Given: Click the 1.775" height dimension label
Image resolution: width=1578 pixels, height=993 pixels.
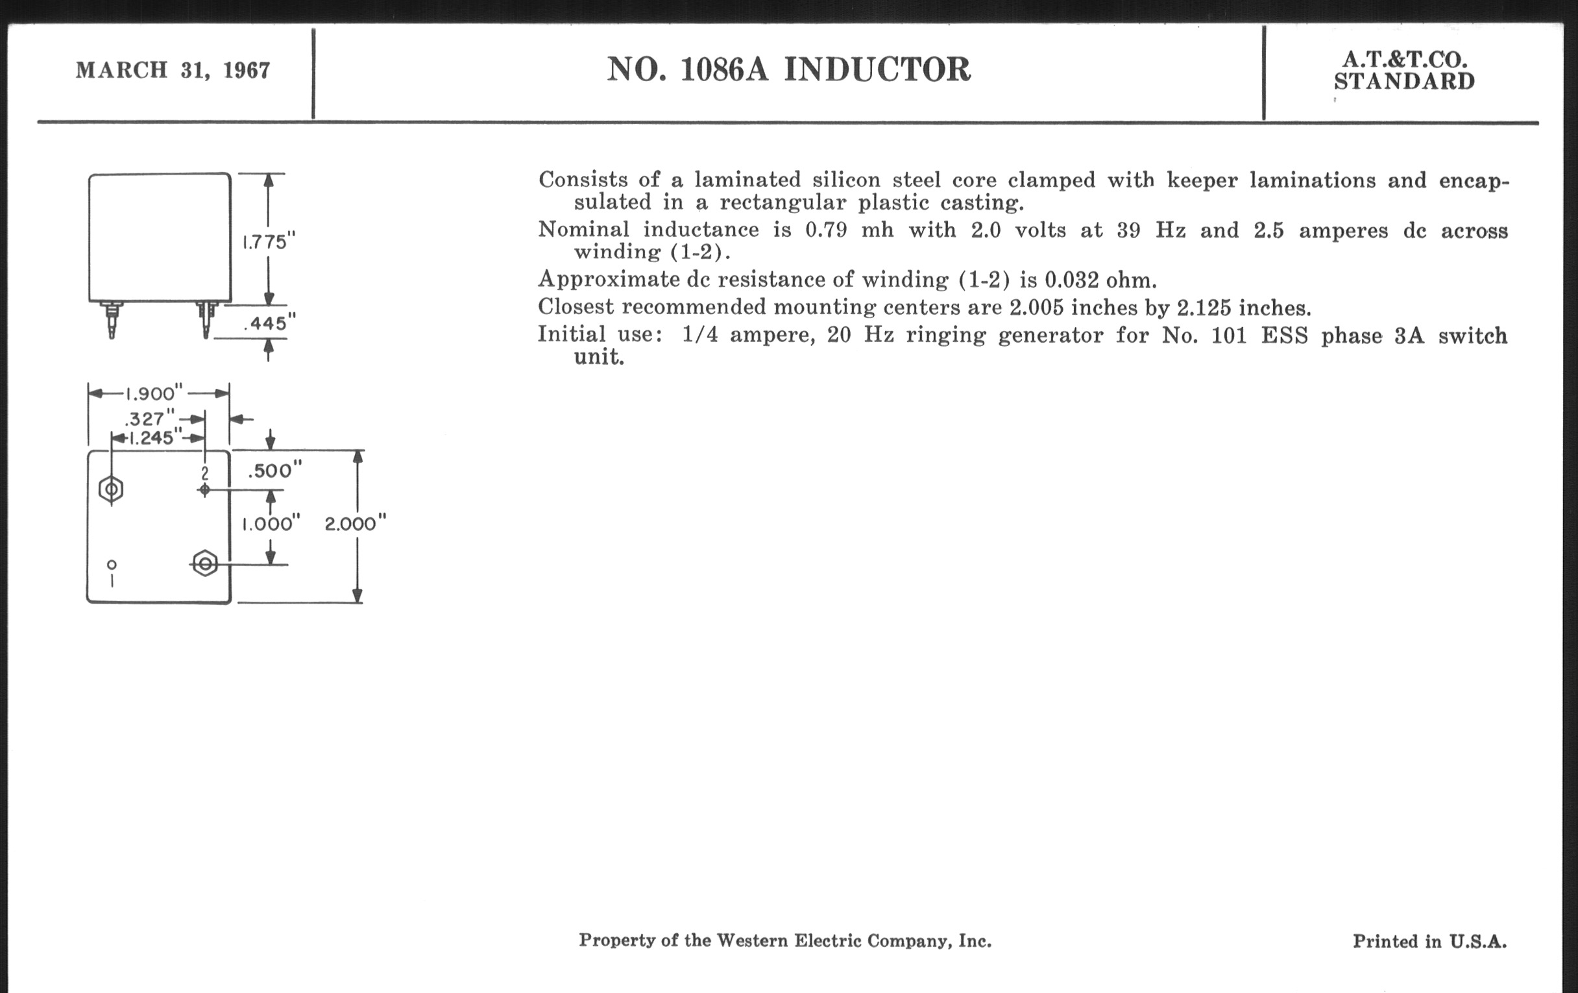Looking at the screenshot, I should point(269,243).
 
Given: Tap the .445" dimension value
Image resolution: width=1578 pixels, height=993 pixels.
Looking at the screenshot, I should point(269,323).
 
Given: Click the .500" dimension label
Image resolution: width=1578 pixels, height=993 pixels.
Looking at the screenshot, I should point(274,471).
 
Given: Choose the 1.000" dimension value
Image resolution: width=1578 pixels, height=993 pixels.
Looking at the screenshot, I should point(271,524).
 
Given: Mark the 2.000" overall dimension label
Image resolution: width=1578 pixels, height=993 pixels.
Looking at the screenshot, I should point(355,524).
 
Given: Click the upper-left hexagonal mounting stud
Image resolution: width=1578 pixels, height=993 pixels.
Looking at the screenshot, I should point(112,489).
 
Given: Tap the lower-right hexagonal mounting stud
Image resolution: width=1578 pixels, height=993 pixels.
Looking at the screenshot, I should point(205,564).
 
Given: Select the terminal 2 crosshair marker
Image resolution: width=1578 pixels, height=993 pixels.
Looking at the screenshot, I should point(204,489).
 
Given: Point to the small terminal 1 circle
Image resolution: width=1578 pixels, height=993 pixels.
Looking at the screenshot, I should point(112,565).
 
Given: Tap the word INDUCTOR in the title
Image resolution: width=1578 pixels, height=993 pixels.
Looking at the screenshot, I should point(877,69).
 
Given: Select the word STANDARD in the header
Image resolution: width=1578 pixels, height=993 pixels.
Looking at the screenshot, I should point(1403,82).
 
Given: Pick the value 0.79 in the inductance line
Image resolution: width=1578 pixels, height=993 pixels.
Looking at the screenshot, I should point(826,229).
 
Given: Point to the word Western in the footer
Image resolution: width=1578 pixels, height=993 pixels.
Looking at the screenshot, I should point(751,940).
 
